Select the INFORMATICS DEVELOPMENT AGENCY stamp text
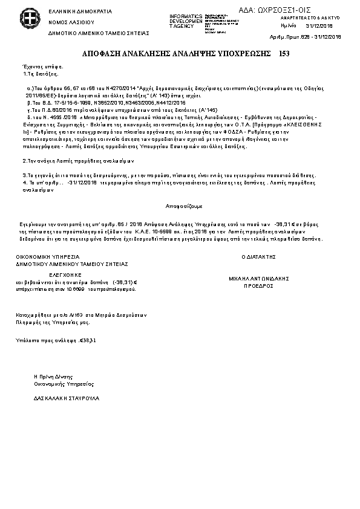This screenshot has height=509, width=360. coord(186,21)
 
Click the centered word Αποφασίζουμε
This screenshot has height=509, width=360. coord(180,206)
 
